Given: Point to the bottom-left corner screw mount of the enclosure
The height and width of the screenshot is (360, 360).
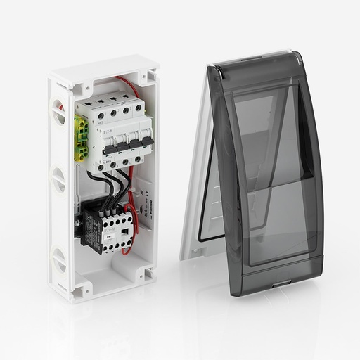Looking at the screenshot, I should pyautogui.click(x=79, y=288).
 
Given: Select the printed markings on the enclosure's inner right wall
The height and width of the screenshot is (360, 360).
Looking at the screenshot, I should pyautogui.click(x=141, y=197).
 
